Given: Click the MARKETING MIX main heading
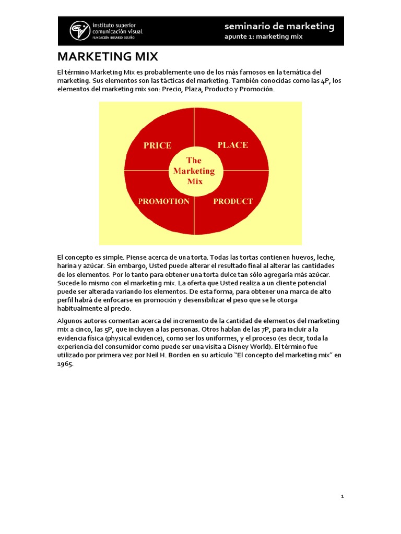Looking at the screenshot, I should click(x=108, y=56).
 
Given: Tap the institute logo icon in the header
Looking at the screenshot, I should click(x=80, y=30).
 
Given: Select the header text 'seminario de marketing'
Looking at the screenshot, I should click(x=279, y=26).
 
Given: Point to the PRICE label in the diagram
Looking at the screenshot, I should click(x=157, y=145).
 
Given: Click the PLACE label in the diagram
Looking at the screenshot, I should click(x=232, y=145).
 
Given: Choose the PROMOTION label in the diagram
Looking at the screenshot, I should click(x=163, y=201).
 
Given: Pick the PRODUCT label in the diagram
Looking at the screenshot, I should click(x=233, y=201).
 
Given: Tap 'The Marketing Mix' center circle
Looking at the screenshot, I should click(x=194, y=171).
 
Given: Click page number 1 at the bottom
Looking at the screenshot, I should click(x=342, y=496).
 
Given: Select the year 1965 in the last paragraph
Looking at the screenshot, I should click(x=65, y=364).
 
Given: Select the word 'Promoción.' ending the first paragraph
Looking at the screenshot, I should click(x=256, y=89).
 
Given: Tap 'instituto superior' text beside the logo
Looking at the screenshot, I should click(x=117, y=25).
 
